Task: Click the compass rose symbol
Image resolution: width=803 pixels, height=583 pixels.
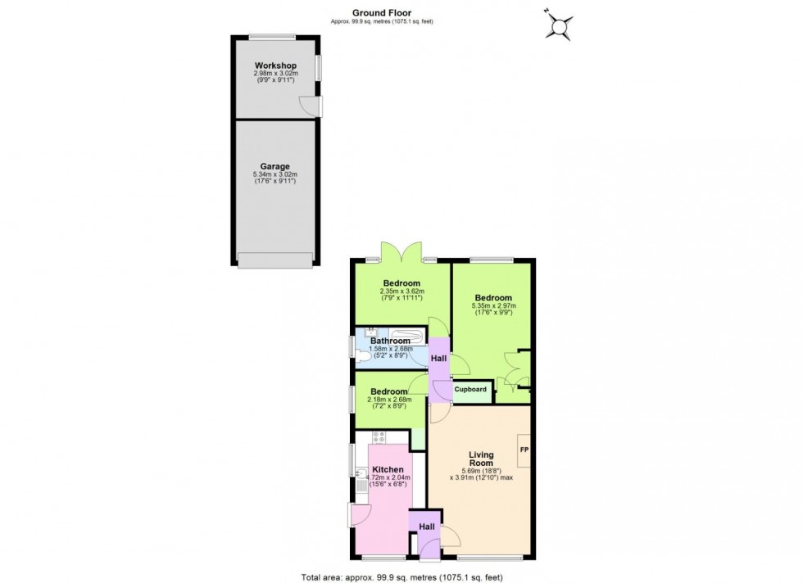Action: [x=560, y=25]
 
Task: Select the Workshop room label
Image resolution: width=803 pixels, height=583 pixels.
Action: [x=275, y=66]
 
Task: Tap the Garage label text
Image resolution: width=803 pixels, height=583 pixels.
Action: [x=275, y=166]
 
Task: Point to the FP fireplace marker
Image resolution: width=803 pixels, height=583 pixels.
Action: [x=523, y=450]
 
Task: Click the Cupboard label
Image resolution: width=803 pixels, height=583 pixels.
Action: [x=471, y=390]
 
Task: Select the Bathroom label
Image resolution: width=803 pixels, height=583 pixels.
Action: [x=390, y=341]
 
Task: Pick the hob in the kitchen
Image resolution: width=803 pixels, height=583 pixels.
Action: [x=379, y=437]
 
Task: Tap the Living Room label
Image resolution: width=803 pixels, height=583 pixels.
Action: [x=481, y=459]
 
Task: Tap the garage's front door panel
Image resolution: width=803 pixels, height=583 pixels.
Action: [x=274, y=260]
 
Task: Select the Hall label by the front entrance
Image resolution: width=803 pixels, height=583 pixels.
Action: [x=427, y=527]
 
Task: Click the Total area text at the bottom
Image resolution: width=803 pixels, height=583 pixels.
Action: [x=401, y=576]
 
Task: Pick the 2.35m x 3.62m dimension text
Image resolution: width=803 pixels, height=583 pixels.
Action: [x=401, y=291]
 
